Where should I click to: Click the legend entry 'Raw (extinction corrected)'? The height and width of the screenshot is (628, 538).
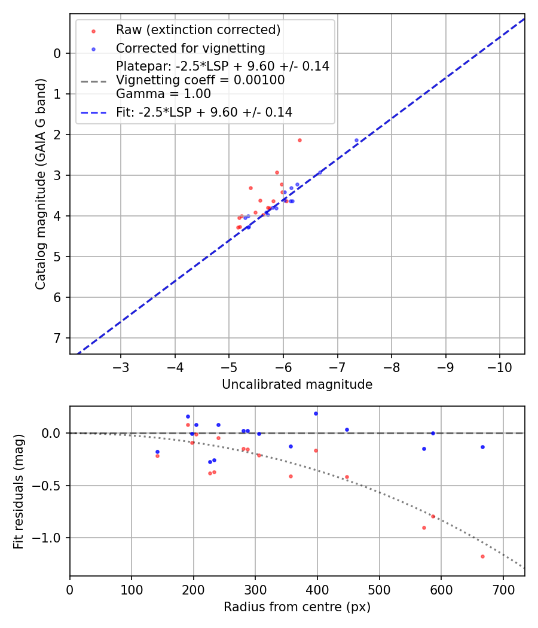tap(198, 30)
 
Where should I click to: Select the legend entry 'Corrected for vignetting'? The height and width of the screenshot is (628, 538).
tap(190, 48)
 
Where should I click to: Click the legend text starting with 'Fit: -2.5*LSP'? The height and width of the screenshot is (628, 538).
tap(204, 112)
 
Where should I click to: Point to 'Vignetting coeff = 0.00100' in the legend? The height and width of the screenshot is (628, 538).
tap(200, 80)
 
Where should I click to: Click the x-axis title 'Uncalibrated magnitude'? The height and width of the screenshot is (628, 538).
tap(297, 385)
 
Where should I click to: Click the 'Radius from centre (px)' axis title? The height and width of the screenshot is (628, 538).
tap(297, 607)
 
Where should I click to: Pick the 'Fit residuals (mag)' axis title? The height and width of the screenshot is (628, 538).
tap(19, 492)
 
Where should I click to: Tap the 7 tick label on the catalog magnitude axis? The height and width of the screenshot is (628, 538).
tap(57, 338)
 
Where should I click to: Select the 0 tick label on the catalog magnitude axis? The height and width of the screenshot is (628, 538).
tap(57, 53)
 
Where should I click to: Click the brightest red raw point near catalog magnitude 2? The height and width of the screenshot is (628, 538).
tap(299, 140)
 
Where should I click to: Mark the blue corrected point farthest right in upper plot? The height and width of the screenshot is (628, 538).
tap(356, 140)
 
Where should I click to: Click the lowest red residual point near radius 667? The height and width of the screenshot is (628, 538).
tap(482, 556)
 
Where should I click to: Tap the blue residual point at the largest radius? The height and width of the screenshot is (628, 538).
tap(482, 447)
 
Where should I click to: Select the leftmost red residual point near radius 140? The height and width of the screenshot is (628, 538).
tap(157, 456)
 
